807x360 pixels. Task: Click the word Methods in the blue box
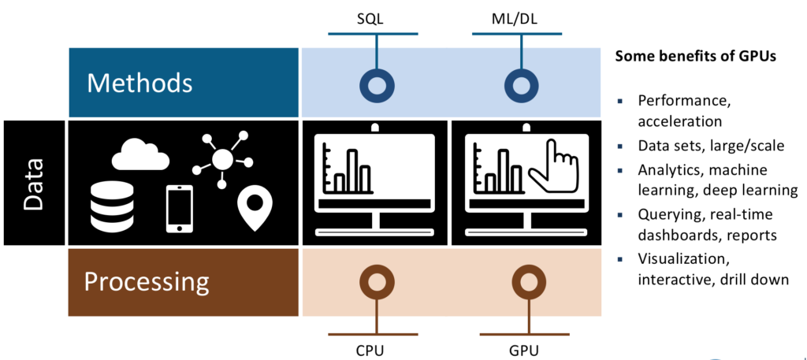[x=139, y=82]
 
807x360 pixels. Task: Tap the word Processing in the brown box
[x=147, y=281]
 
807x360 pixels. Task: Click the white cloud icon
[x=140, y=155]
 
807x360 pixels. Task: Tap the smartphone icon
[x=179, y=209]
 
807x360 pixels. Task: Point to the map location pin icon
[x=254, y=208]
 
